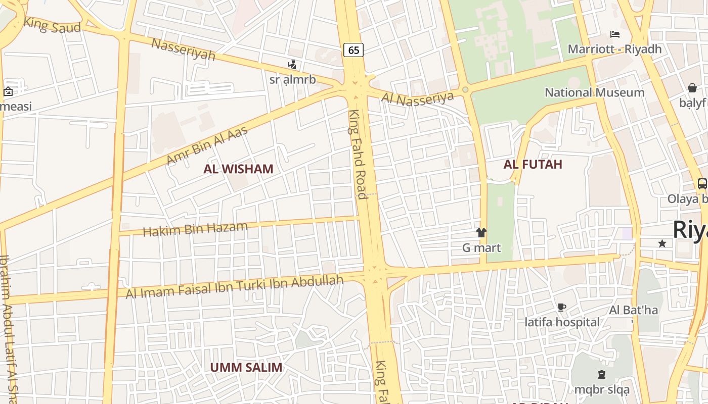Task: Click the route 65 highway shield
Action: [x=353, y=49]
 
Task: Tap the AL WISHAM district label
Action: [x=238, y=169]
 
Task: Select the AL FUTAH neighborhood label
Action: [x=533, y=164]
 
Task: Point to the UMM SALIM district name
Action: [x=246, y=367]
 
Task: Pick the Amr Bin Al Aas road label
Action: [x=207, y=145]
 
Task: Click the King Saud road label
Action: [x=52, y=25]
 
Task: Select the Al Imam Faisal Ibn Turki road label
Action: [x=234, y=286]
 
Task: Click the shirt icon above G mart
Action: [x=481, y=233]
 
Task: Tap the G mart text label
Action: [x=481, y=247]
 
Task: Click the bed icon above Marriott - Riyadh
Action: [x=615, y=34]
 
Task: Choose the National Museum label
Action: [x=594, y=92]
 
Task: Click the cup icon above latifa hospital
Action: [x=561, y=307]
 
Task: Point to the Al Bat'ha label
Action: [x=633, y=310]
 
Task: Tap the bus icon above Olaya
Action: [x=702, y=184]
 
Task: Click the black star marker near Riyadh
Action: [x=662, y=243]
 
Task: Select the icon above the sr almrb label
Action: [x=292, y=65]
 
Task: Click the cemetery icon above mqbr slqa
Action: [x=602, y=375]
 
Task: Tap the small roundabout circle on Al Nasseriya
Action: [x=465, y=90]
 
